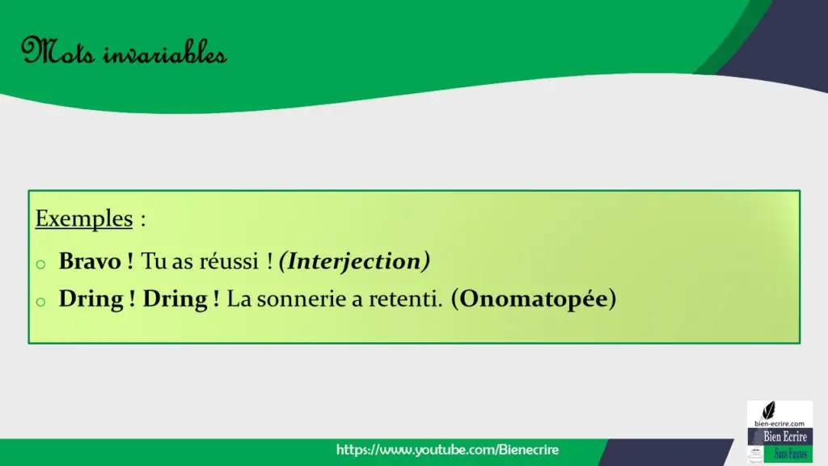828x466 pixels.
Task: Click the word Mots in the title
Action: click(57, 52)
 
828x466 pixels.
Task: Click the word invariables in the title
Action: click(165, 53)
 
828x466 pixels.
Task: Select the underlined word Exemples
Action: click(84, 218)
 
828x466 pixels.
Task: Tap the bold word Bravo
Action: click(90, 261)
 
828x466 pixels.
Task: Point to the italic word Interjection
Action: click(354, 261)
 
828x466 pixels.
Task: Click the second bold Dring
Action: click(175, 299)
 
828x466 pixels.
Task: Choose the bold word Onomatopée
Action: click(534, 299)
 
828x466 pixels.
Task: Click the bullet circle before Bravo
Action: click(40, 265)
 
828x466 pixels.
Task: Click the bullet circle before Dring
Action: click(40, 303)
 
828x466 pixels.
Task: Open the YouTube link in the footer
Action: click(447, 450)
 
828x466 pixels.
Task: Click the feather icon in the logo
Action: click(769, 410)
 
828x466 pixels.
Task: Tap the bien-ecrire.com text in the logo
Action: click(779, 423)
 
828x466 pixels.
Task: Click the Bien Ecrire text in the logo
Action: click(784, 436)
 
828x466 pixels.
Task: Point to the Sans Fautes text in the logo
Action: click(791, 454)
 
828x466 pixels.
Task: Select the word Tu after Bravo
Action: click(154, 261)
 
